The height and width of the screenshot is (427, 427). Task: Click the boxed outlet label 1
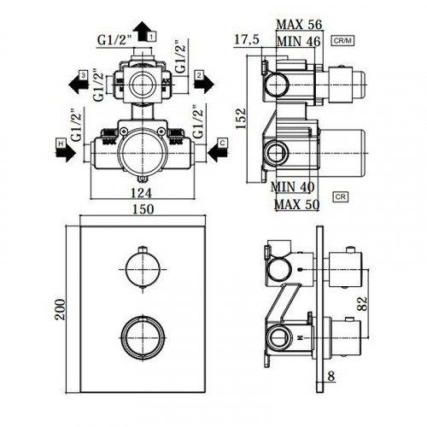150,37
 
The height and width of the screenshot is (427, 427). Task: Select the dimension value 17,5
249,38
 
